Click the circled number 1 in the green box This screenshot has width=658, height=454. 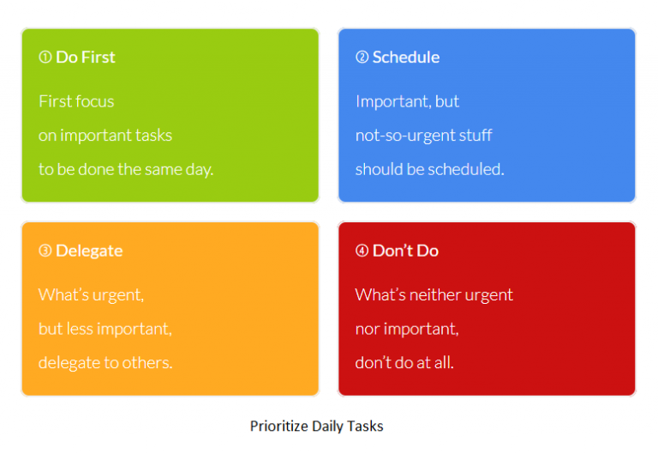45,58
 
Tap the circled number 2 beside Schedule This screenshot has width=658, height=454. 362,58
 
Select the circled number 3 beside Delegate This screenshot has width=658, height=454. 45,251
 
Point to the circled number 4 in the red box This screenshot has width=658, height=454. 362,251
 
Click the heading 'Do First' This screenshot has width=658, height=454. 86,58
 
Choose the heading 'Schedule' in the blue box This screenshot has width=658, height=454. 406,58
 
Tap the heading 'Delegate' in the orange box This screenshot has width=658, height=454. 89,251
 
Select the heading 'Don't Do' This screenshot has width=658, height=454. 405,251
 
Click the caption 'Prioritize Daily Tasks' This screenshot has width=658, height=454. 317,426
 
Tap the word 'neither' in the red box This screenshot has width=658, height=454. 435,295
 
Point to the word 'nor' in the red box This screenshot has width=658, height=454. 367,330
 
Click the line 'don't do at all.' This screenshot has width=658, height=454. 404,363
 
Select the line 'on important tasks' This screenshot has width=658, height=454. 105,136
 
